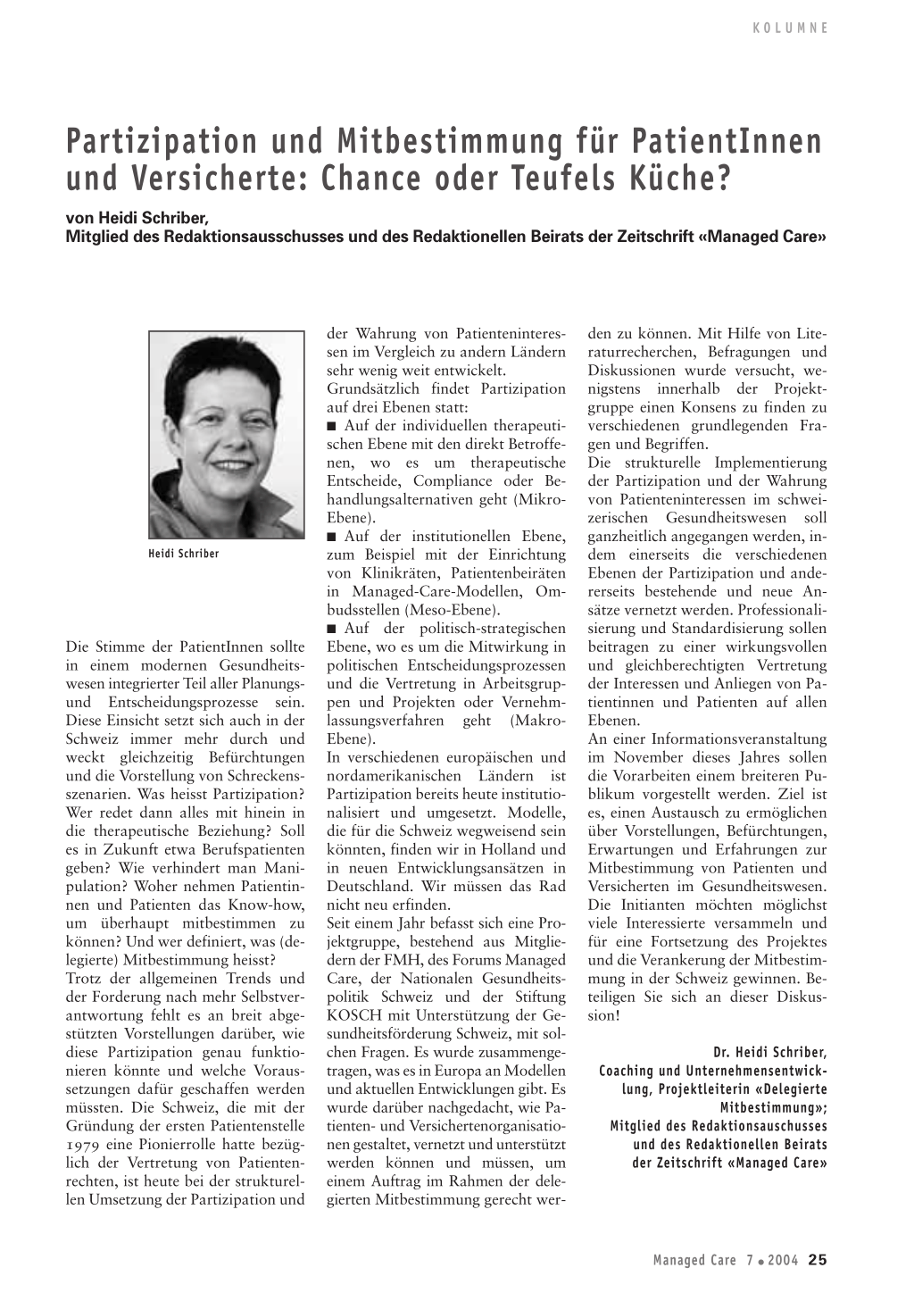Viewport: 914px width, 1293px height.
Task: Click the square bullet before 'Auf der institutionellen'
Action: (x=331, y=537)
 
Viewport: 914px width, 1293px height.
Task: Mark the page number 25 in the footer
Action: (x=818, y=1260)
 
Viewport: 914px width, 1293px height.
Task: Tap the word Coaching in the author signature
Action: (x=629, y=1071)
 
